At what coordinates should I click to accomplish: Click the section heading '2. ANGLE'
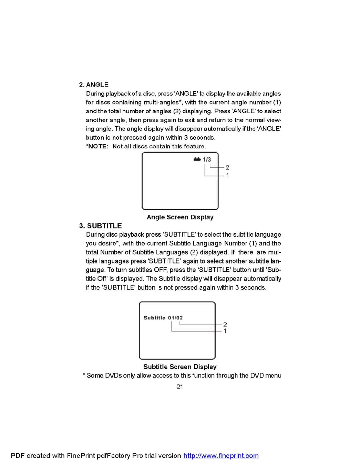click(94, 85)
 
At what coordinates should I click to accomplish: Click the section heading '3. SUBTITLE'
click(100, 226)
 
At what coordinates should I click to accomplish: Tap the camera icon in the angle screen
click(197, 159)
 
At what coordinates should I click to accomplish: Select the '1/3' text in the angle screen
click(207, 159)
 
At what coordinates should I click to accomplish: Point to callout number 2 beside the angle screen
click(227, 168)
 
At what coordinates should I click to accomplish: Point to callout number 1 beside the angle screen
click(227, 176)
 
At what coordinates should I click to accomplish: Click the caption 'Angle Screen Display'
click(180, 217)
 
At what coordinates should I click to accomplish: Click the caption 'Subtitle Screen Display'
click(180, 367)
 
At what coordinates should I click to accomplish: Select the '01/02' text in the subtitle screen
click(175, 318)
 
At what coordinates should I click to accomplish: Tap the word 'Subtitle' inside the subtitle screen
click(154, 318)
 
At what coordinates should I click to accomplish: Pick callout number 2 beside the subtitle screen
click(225, 325)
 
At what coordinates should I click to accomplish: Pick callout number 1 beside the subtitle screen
click(225, 331)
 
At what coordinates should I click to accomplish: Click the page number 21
click(180, 387)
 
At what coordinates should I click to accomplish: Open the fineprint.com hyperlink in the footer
click(221, 456)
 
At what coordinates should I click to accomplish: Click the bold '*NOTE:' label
click(97, 146)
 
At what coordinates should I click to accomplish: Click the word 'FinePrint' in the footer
click(81, 456)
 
